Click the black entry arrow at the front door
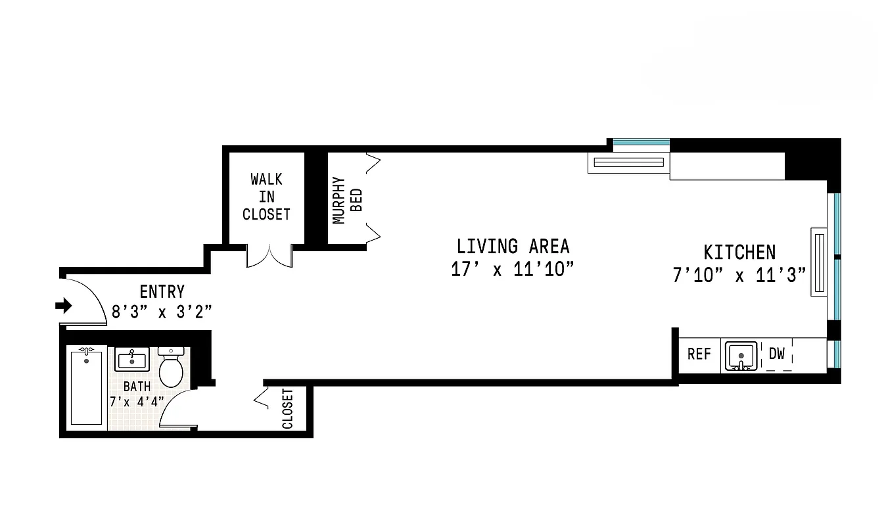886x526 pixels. click(x=64, y=306)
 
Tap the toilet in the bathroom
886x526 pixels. click(x=172, y=368)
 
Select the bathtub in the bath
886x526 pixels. click(x=86, y=387)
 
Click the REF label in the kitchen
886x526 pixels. click(x=699, y=354)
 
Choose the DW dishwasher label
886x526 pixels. click(x=776, y=354)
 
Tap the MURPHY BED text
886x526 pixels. click(x=347, y=199)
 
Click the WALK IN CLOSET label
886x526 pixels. click(x=266, y=197)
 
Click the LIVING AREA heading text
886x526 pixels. click(x=513, y=247)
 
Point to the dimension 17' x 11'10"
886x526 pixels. click(x=508, y=270)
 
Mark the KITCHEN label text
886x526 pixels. click(x=739, y=252)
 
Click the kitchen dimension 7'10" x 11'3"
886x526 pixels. click(x=739, y=275)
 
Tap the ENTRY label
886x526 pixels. click(x=162, y=291)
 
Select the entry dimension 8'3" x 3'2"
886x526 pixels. click(x=162, y=312)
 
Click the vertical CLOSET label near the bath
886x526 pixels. click(x=287, y=409)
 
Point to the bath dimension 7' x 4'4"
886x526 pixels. click(x=137, y=401)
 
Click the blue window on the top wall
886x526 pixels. click(x=641, y=142)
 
